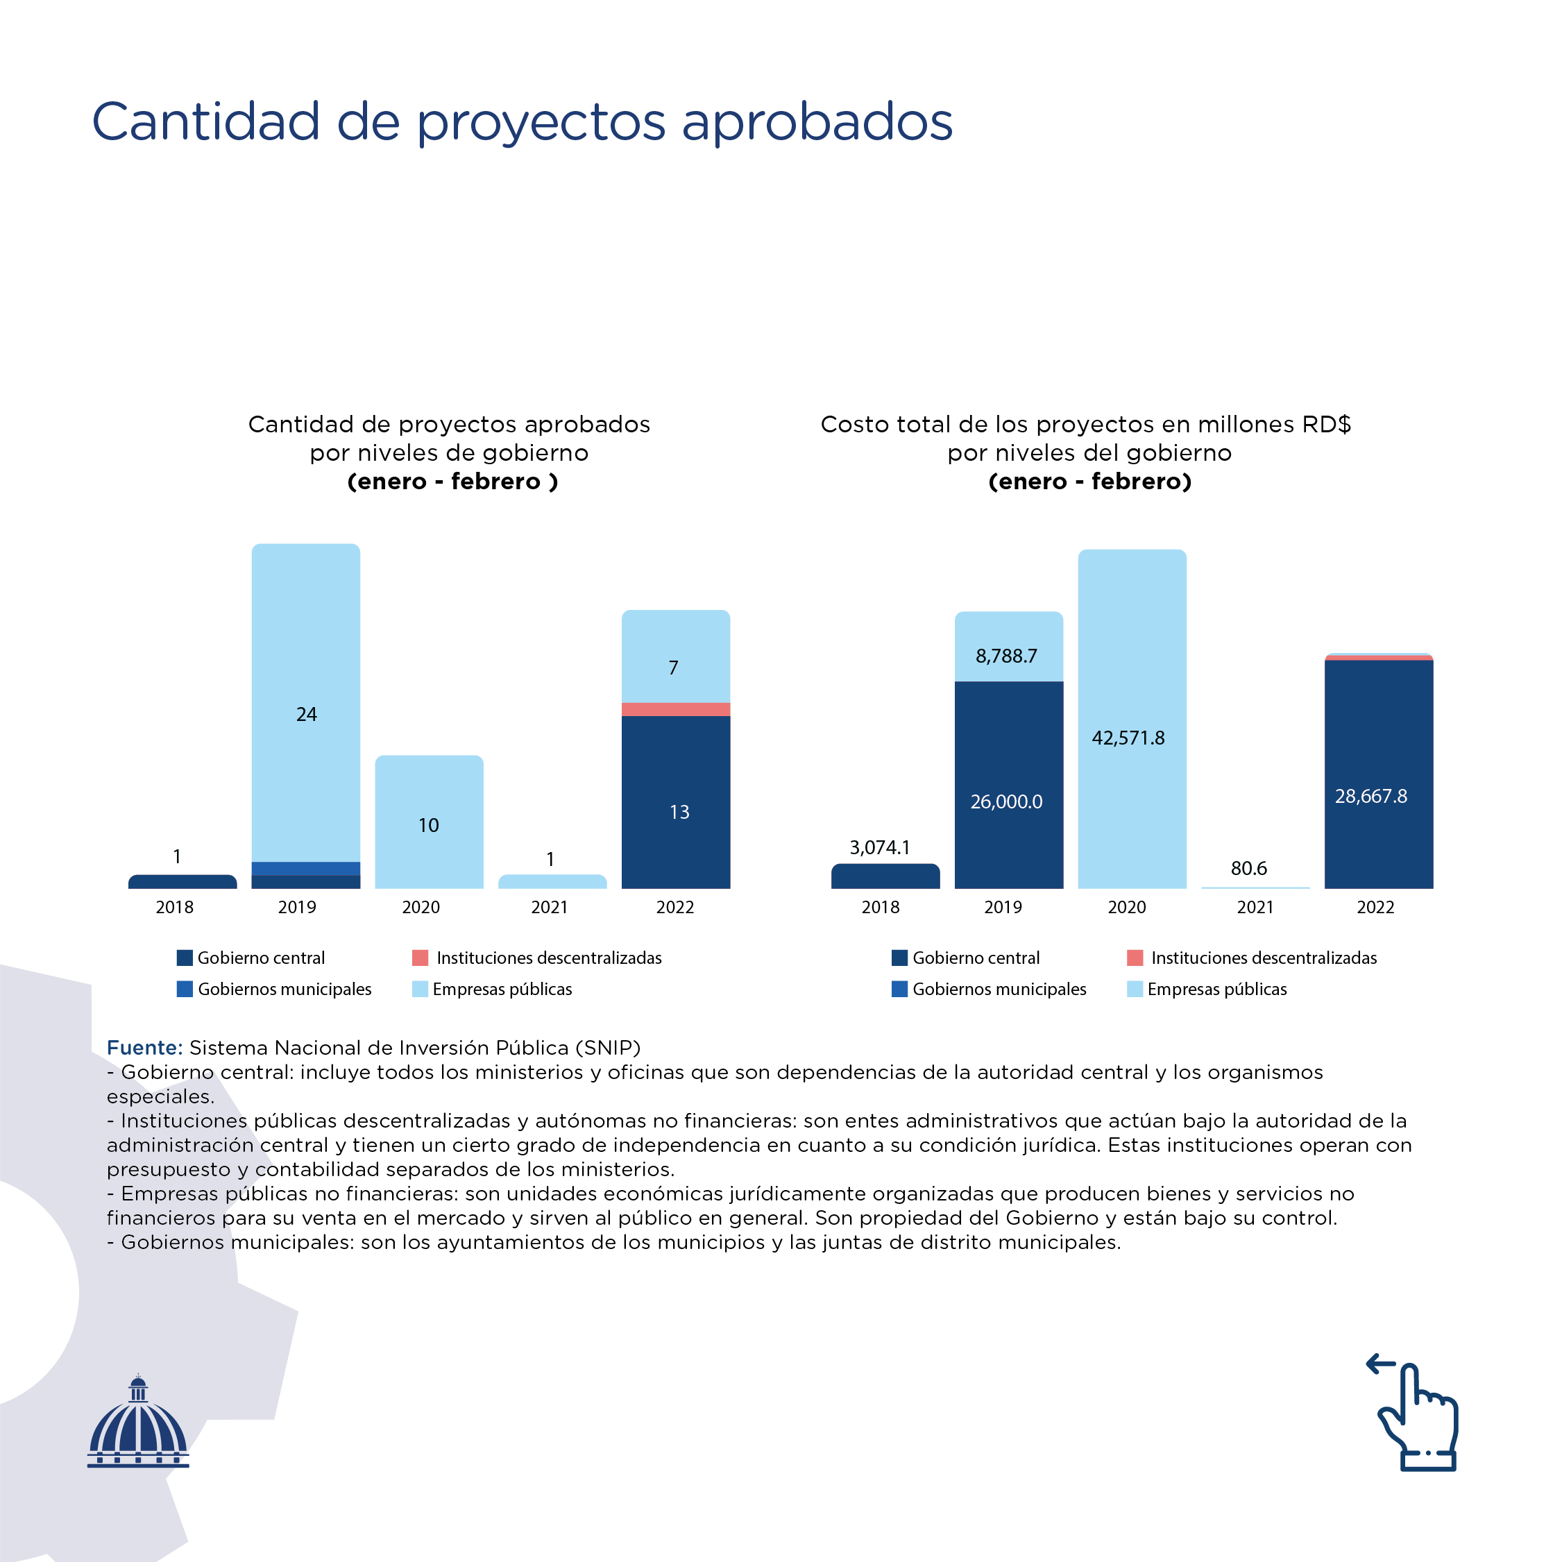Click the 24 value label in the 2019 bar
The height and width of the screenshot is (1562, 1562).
click(307, 714)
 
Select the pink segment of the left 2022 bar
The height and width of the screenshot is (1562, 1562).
click(676, 709)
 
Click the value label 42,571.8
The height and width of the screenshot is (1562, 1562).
click(1128, 738)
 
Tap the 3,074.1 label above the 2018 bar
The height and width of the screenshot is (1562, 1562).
click(880, 847)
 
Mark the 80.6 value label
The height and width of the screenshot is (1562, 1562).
click(1248, 868)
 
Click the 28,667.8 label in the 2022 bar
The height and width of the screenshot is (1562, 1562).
click(1371, 797)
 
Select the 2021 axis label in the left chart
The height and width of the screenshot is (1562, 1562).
click(549, 907)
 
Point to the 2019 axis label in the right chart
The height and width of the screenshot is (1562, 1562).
click(1003, 907)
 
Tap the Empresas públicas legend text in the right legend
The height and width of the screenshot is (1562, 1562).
click(1216, 989)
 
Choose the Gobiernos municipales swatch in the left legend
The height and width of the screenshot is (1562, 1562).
click(185, 989)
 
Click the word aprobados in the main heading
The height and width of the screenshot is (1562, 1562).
click(817, 122)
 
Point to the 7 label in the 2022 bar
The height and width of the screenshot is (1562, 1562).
click(674, 668)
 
